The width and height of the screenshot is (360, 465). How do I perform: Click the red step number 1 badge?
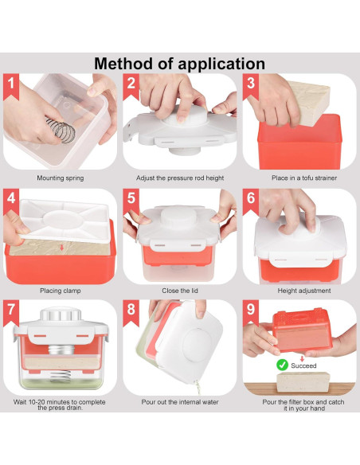tap(11, 86)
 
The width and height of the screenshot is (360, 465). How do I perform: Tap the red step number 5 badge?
tap(131, 201)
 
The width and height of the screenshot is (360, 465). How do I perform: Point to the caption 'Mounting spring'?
tap(61, 178)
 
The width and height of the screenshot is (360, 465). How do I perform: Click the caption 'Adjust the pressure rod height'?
tap(180, 178)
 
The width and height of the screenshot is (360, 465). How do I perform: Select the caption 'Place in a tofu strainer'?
tap(304, 178)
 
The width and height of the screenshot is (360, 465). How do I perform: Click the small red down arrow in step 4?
tap(61, 248)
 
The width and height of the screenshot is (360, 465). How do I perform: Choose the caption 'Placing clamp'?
tap(61, 291)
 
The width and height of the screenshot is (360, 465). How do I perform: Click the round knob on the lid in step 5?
tap(178, 217)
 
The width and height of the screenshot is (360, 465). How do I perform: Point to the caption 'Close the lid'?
tap(180, 291)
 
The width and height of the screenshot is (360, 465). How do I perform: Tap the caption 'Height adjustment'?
tap(304, 291)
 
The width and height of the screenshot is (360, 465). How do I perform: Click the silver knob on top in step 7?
tap(61, 315)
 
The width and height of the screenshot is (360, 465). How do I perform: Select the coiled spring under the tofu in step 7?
tap(61, 376)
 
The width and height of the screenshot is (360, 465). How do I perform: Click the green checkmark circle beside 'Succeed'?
tap(282, 365)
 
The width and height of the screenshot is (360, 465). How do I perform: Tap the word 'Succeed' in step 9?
tap(303, 365)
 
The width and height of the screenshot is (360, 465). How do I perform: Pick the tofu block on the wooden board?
tap(303, 382)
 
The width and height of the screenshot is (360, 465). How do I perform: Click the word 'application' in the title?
tap(221, 64)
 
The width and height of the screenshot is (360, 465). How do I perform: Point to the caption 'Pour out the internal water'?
tap(180, 402)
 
